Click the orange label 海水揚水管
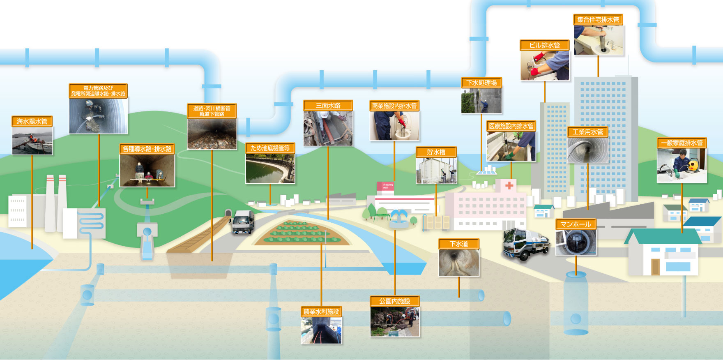pyautogui.click(x=32, y=121)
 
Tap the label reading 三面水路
pyautogui.click(x=328, y=106)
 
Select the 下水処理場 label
pyautogui.click(x=481, y=83)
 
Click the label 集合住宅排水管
pyautogui.click(x=598, y=19)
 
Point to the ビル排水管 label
pyautogui.click(x=544, y=45)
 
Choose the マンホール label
pyautogui.click(x=576, y=224)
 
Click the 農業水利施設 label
pyautogui.click(x=321, y=312)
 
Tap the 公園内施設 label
pyautogui.click(x=394, y=301)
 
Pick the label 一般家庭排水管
pyautogui.click(x=682, y=143)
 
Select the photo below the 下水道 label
pyautogui.click(x=459, y=263)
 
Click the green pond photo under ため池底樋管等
pyautogui.click(x=270, y=169)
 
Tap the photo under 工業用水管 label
pyautogui.click(x=587, y=150)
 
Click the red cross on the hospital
pyautogui.click(x=509, y=185)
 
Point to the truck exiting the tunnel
pyautogui.click(x=243, y=222)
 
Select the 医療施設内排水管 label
pyautogui.click(x=511, y=126)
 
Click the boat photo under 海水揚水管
pyautogui.click(x=32, y=141)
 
